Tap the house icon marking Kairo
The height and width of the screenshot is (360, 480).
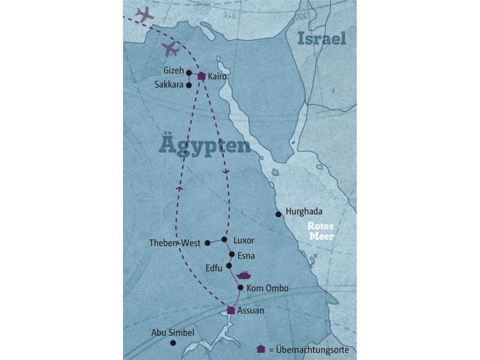tap(202, 76)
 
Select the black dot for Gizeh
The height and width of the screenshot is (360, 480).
tap(188, 73)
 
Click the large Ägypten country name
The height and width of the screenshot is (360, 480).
tap(205, 146)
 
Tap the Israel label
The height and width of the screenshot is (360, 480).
tap(323, 39)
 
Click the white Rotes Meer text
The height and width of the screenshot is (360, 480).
tap(320, 231)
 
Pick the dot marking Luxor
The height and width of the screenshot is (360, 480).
tap(224, 239)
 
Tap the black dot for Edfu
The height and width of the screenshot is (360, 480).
tap(229, 265)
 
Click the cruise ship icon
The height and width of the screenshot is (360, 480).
tap(244, 275)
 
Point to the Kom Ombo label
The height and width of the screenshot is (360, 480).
tap(268, 289)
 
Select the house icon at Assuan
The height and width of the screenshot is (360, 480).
tap(230, 310)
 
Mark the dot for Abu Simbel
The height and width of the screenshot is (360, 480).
tap(173, 343)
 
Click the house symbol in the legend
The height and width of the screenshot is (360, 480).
tap(260, 349)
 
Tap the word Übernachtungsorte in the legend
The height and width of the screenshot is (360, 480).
tap(313, 350)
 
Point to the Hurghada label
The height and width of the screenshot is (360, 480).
tap(304, 212)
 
